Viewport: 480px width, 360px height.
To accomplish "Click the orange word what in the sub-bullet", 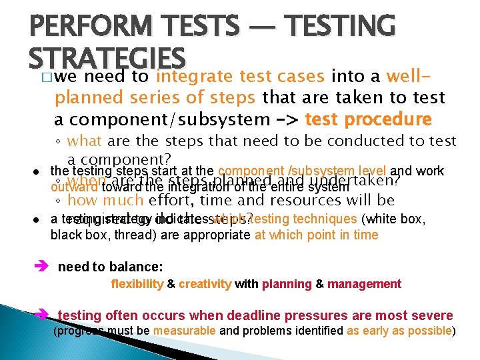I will tap(85, 141).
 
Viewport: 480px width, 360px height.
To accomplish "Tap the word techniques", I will tap(325, 219).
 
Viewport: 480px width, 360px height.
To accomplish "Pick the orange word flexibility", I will tap(137, 284).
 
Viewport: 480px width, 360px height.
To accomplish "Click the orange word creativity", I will tap(205, 284).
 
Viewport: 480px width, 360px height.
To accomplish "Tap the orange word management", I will tap(365, 284).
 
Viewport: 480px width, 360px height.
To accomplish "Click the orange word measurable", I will tap(185, 331).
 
